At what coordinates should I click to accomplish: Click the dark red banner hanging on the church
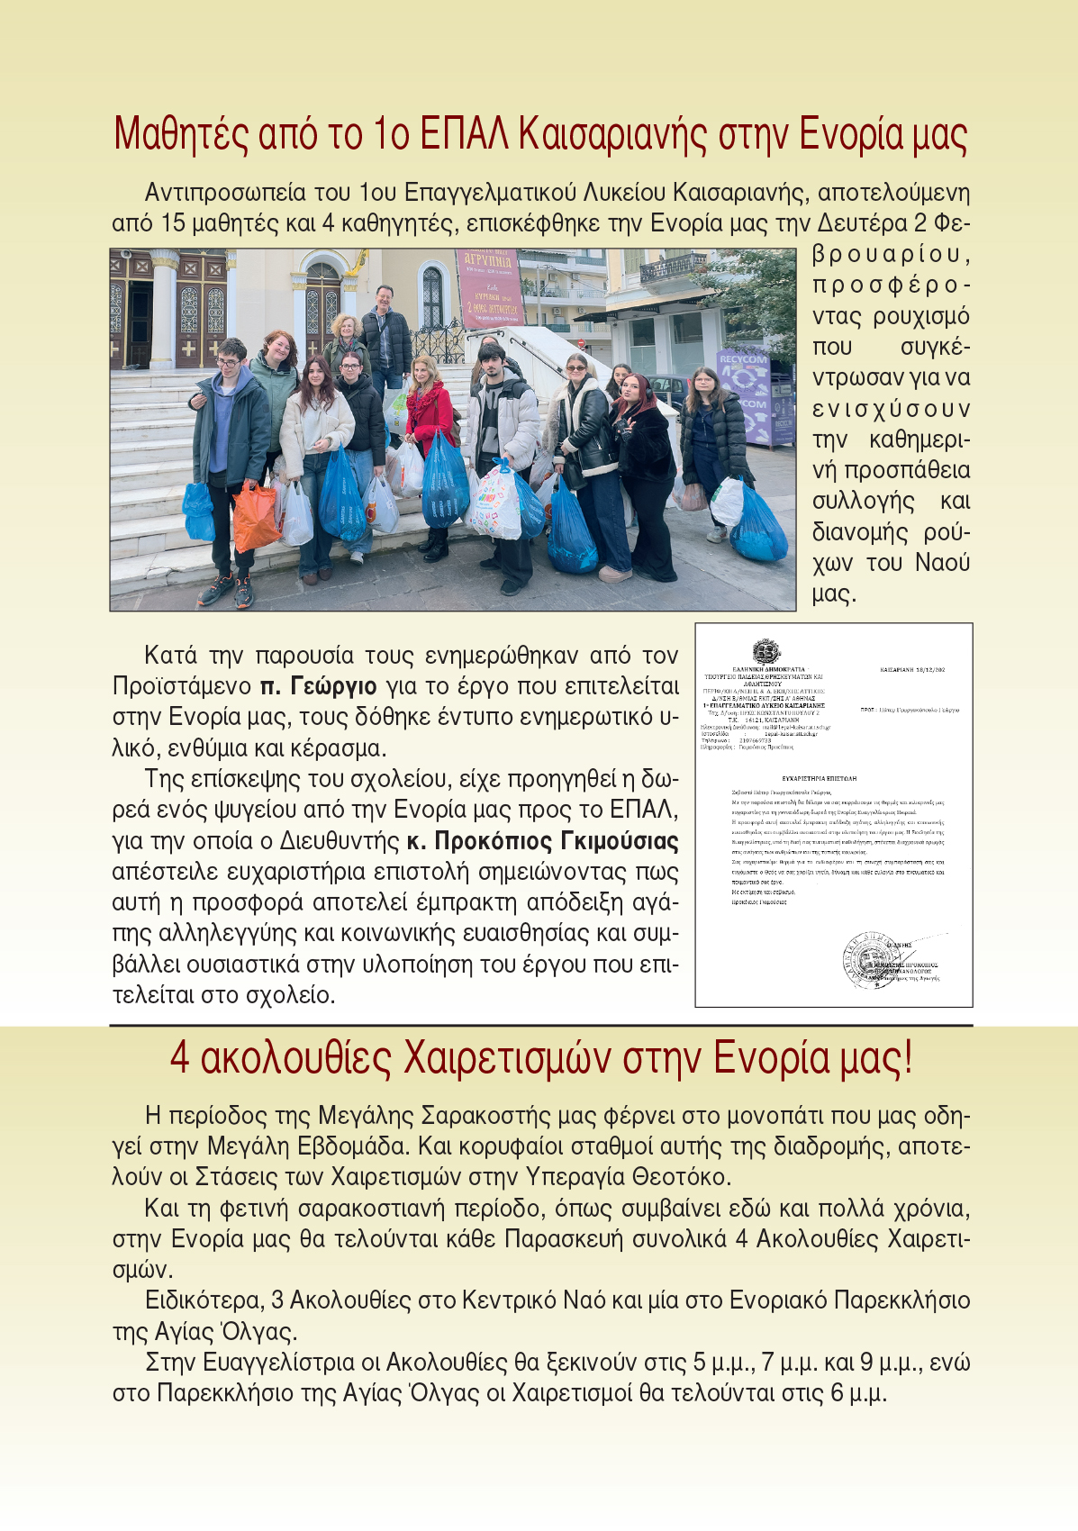click(489, 286)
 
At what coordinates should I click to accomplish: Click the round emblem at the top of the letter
click(766, 651)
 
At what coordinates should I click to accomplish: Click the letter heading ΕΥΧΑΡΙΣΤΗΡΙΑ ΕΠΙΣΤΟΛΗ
click(819, 777)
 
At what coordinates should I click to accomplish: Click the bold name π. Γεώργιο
click(318, 686)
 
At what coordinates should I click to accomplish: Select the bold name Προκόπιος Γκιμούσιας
click(543, 841)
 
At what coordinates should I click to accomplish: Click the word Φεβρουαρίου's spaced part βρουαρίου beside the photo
click(891, 255)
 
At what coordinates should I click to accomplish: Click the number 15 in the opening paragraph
click(173, 223)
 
